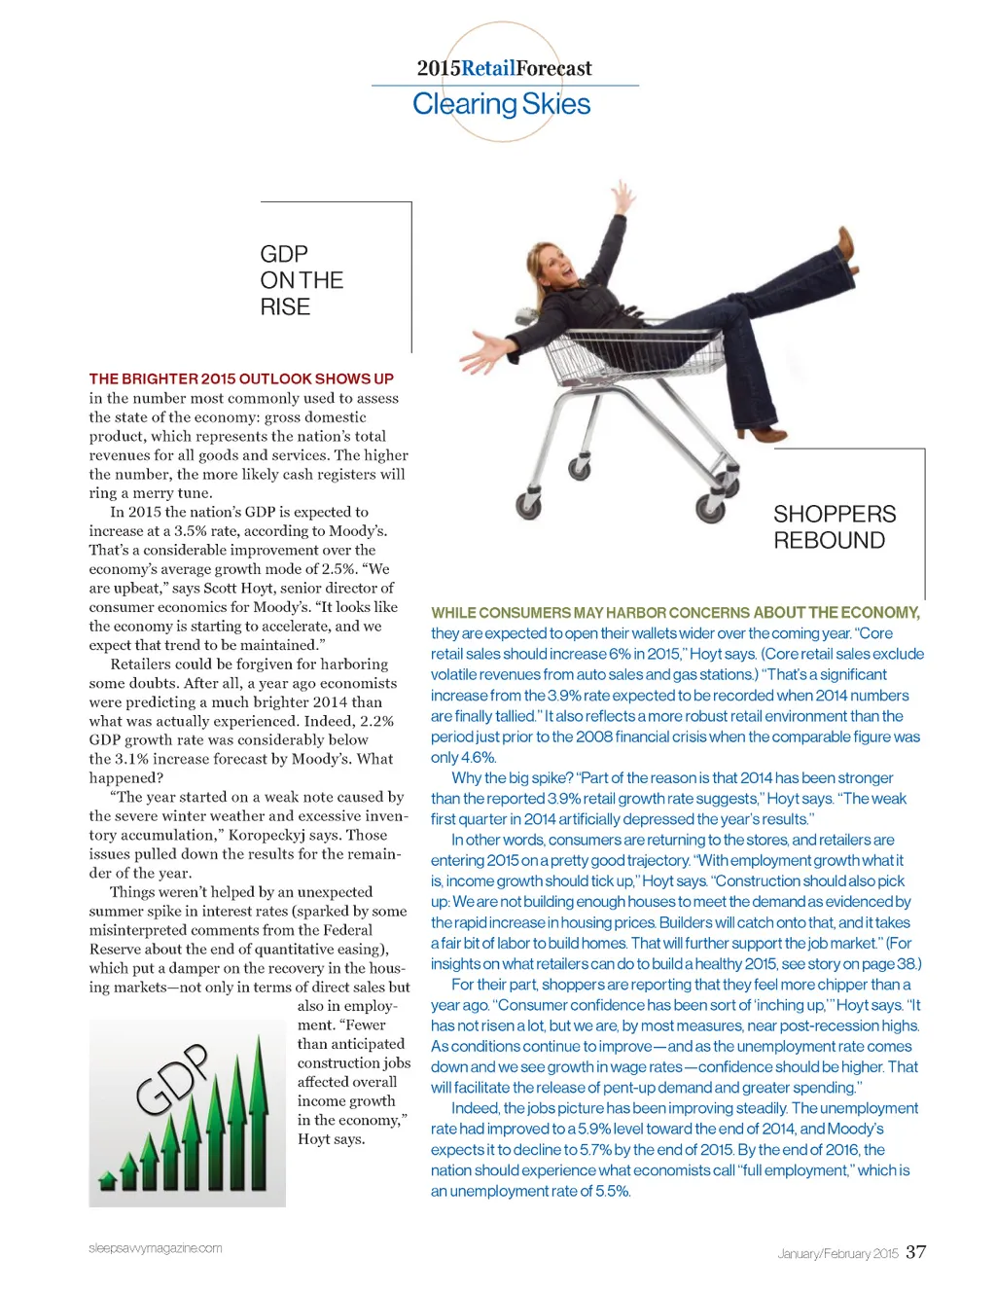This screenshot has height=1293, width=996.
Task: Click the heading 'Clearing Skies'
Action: (501, 104)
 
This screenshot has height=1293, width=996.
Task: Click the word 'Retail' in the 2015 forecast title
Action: (488, 68)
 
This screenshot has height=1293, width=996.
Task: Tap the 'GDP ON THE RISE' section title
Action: (302, 280)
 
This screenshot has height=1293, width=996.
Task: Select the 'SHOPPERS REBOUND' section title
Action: (835, 526)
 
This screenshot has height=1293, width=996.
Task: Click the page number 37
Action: (915, 1252)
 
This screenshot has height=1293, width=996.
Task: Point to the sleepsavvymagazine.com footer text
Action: (156, 1248)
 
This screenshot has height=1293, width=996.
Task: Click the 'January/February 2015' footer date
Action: (837, 1253)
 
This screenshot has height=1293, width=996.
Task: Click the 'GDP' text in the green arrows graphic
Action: (172, 1079)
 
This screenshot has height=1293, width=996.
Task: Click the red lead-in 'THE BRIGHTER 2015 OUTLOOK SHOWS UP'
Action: (241, 378)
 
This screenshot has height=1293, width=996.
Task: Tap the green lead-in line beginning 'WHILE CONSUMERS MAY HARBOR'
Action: (675, 613)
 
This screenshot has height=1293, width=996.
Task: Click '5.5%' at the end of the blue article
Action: (611, 1191)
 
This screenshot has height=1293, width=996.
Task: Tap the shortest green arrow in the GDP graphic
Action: (107, 1181)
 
